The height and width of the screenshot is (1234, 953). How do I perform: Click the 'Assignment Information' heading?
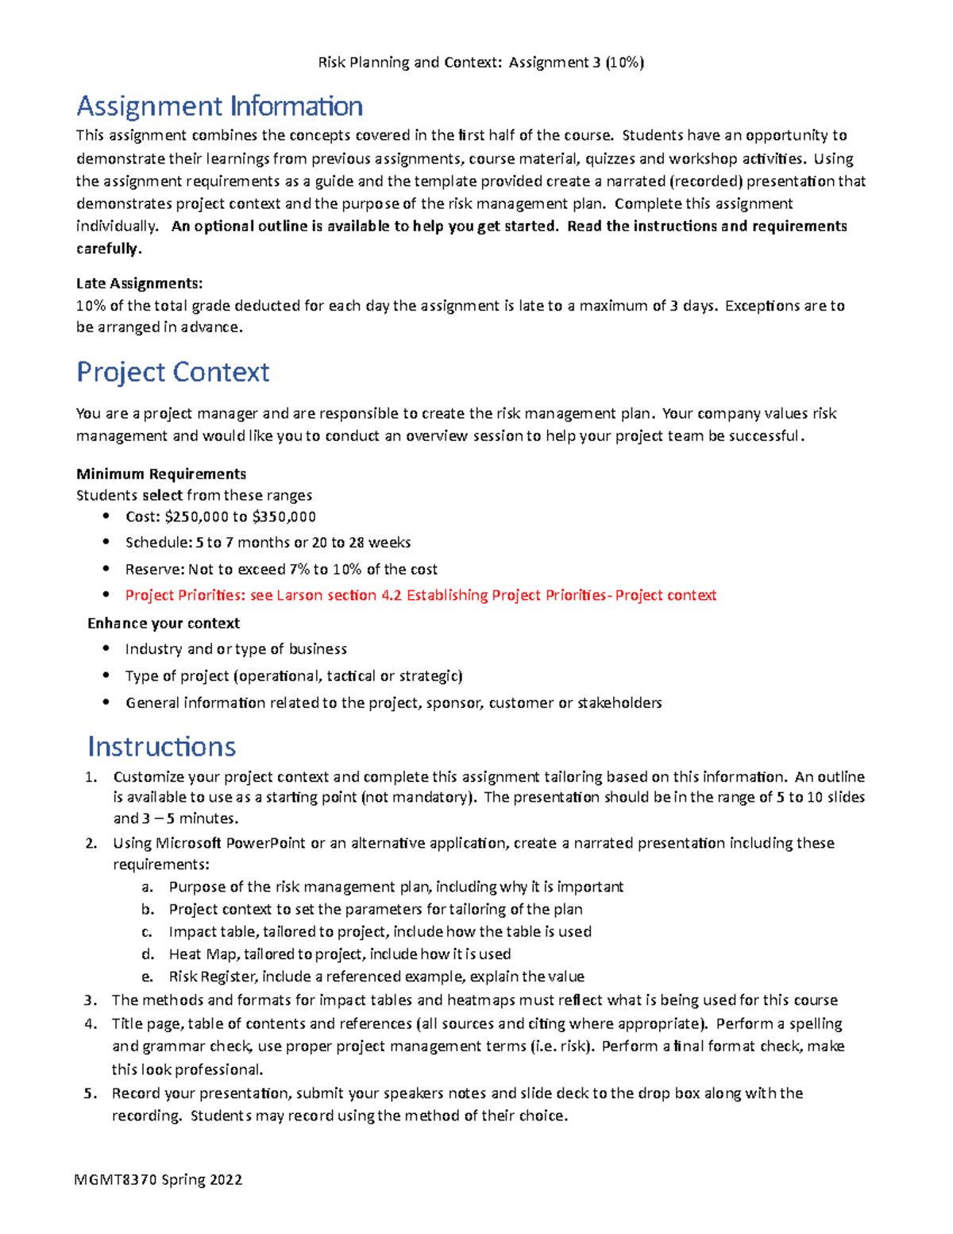pyautogui.click(x=219, y=106)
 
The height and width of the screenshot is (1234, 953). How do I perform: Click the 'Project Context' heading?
pyautogui.click(x=172, y=372)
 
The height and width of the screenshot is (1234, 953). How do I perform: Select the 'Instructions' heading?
pyautogui.click(x=161, y=747)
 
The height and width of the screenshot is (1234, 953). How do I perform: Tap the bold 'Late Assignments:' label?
pyautogui.click(x=139, y=283)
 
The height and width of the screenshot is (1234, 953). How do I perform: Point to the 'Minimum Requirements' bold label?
pyautogui.click(x=160, y=474)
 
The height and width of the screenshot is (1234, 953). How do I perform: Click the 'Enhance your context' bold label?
pyautogui.click(x=163, y=623)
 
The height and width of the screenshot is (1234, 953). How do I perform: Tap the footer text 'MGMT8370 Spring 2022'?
pyautogui.click(x=158, y=1179)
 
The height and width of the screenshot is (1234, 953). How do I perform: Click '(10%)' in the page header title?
pyautogui.click(x=624, y=62)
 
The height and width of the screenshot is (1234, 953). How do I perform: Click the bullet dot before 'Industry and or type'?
pyautogui.click(x=106, y=648)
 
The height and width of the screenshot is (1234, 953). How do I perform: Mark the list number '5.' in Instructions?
pyautogui.click(x=91, y=1093)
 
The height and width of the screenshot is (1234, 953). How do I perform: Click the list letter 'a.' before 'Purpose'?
pyautogui.click(x=147, y=887)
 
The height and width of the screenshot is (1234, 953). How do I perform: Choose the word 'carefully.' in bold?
pyautogui.click(x=109, y=248)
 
